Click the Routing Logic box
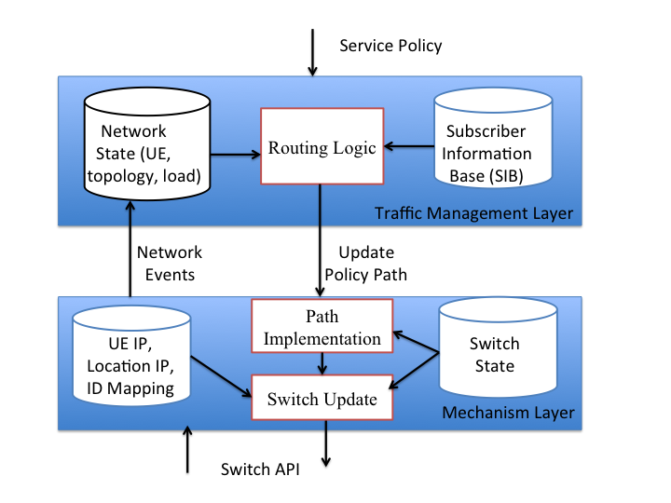point(322,146)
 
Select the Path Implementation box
point(322,326)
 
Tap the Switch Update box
point(322,398)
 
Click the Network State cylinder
point(147,143)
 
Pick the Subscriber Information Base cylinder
point(493,138)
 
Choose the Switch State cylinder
point(498,347)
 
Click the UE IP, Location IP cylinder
point(131,355)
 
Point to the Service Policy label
point(390,46)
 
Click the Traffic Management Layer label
point(473,213)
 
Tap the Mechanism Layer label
point(508,413)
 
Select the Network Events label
point(170,264)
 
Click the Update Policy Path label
point(366,264)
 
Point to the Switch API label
point(260,469)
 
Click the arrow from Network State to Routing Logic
point(236,155)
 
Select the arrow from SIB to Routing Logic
point(409,146)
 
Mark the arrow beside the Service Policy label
point(313,52)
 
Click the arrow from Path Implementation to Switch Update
point(322,364)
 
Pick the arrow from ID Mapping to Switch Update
point(221,376)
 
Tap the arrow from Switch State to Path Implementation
point(416,342)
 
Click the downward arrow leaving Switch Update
point(326,443)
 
